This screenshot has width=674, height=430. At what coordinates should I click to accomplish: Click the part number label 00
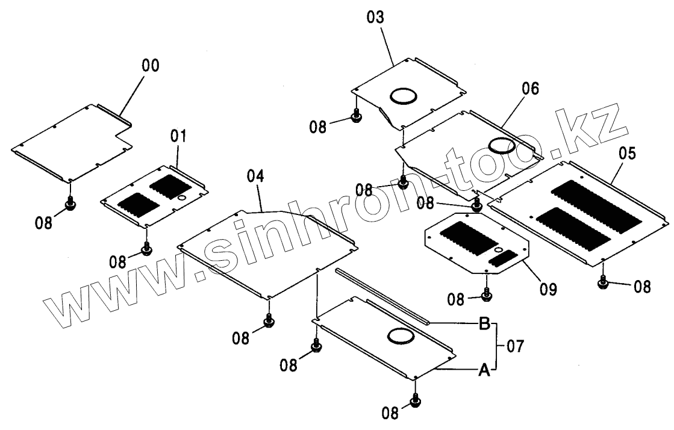click(151, 66)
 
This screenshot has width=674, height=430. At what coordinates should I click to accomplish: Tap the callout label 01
click(178, 136)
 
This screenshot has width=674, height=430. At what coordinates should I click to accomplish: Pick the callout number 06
click(530, 89)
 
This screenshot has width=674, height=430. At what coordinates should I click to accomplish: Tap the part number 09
click(548, 289)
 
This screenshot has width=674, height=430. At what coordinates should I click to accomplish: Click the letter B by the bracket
click(484, 325)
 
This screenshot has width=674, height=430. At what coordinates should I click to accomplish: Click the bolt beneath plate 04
click(269, 321)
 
